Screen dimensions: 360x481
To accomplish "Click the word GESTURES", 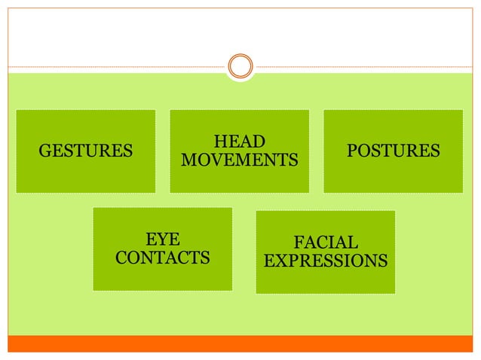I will pos(85,151).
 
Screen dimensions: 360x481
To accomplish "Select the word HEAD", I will pos(239,142).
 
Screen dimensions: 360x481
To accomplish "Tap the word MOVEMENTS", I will pos(239,161).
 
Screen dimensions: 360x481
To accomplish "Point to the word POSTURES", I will pos(393,151).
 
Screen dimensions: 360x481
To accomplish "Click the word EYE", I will pos(162,240).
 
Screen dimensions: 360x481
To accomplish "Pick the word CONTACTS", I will pos(162,259).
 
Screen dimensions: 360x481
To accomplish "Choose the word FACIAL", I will pos(326,243).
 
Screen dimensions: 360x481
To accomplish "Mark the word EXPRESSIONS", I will pos(326,261).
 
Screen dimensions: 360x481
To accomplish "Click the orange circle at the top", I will pos(240,66).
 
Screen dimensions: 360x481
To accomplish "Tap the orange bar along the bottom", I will pos(240,343).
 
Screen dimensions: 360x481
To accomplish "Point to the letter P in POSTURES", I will pos(351,151).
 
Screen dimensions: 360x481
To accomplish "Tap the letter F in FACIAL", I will pos(298,243).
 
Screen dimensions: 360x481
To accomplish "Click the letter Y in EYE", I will pos(162,240).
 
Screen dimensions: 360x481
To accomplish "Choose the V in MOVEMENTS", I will pos(221,161).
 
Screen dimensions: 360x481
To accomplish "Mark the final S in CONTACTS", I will pos(205,259).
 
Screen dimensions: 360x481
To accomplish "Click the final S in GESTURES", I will pos(127,151).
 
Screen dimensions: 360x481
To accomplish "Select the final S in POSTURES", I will pos(435,151).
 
